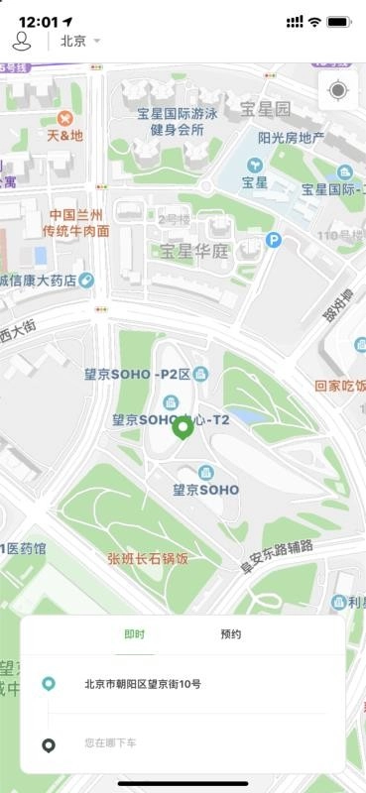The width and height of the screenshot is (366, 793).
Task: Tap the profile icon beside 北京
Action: [x=22, y=41]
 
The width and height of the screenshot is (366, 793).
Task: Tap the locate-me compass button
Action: [x=338, y=91]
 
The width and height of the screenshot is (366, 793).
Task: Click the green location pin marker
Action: [x=183, y=428]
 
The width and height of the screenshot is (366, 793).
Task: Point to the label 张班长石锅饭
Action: [x=148, y=559]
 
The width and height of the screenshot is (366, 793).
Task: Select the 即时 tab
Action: [x=135, y=634]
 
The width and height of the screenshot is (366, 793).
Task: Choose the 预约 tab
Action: [x=230, y=634]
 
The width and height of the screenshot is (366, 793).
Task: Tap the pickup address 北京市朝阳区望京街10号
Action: [x=142, y=684]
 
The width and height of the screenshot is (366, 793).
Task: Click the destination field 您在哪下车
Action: [x=110, y=741]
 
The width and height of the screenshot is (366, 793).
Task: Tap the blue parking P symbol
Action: [x=274, y=239]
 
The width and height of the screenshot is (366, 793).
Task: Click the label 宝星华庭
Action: [x=194, y=251]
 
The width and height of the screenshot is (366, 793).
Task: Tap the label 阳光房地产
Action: [x=291, y=138]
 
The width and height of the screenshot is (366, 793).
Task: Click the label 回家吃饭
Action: [x=340, y=386]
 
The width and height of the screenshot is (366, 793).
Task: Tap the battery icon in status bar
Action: [x=339, y=22]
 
